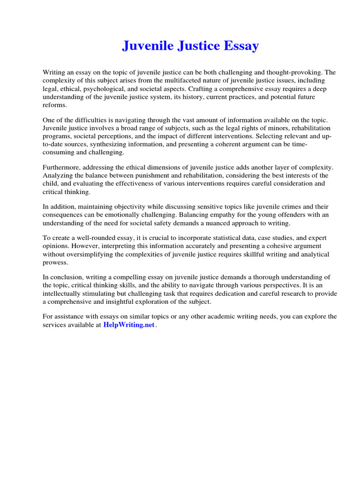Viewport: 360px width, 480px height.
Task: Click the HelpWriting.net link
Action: point(128,325)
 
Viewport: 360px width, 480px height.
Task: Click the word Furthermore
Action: point(62,167)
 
